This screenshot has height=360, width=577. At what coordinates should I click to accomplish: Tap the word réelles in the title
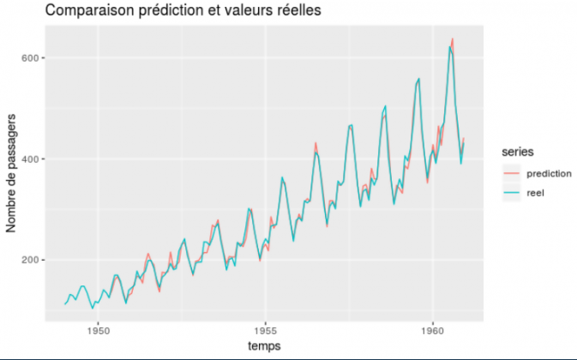point(298,10)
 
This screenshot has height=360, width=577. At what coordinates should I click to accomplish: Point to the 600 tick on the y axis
point(33,58)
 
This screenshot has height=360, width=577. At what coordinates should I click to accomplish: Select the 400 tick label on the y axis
point(33,159)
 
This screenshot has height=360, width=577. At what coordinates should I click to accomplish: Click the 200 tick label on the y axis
point(33,260)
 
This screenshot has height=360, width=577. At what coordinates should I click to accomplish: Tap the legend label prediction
point(549,174)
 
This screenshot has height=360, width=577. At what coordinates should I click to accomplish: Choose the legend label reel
point(536,193)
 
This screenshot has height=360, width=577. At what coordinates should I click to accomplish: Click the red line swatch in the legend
point(512,174)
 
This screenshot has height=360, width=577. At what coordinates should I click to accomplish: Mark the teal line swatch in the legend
point(512,193)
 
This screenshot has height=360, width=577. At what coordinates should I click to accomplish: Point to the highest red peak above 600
point(453,39)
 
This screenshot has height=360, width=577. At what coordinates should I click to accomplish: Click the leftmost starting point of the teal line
point(64,304)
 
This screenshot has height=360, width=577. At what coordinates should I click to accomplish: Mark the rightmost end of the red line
point(464,138)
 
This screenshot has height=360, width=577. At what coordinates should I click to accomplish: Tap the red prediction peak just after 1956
point(316,142)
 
